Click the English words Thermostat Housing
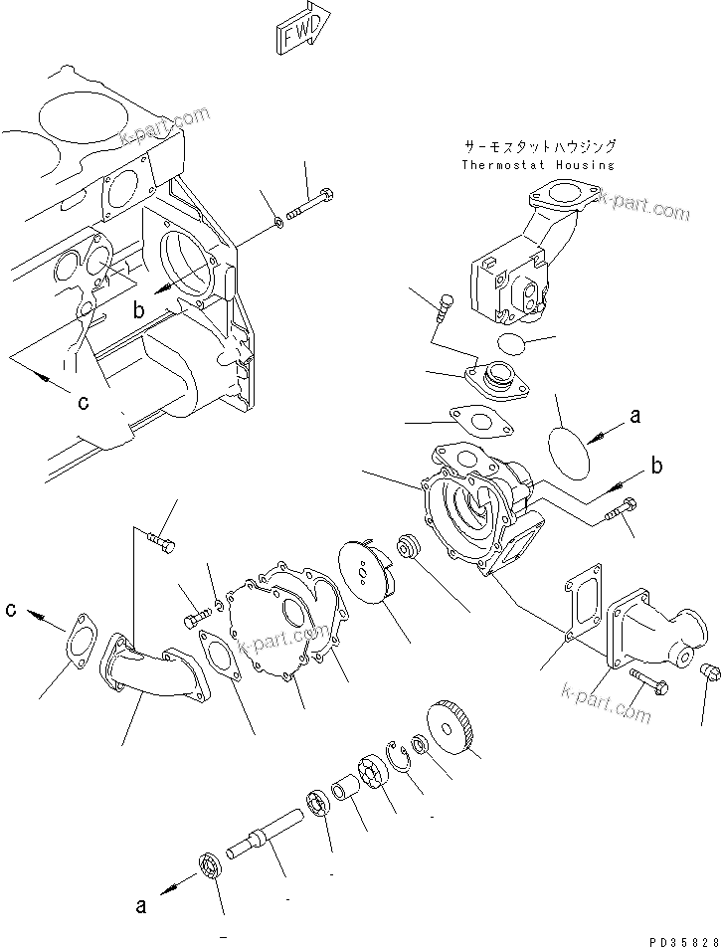538,165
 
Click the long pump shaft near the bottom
268,826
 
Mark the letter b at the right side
656,466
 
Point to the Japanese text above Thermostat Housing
538,145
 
